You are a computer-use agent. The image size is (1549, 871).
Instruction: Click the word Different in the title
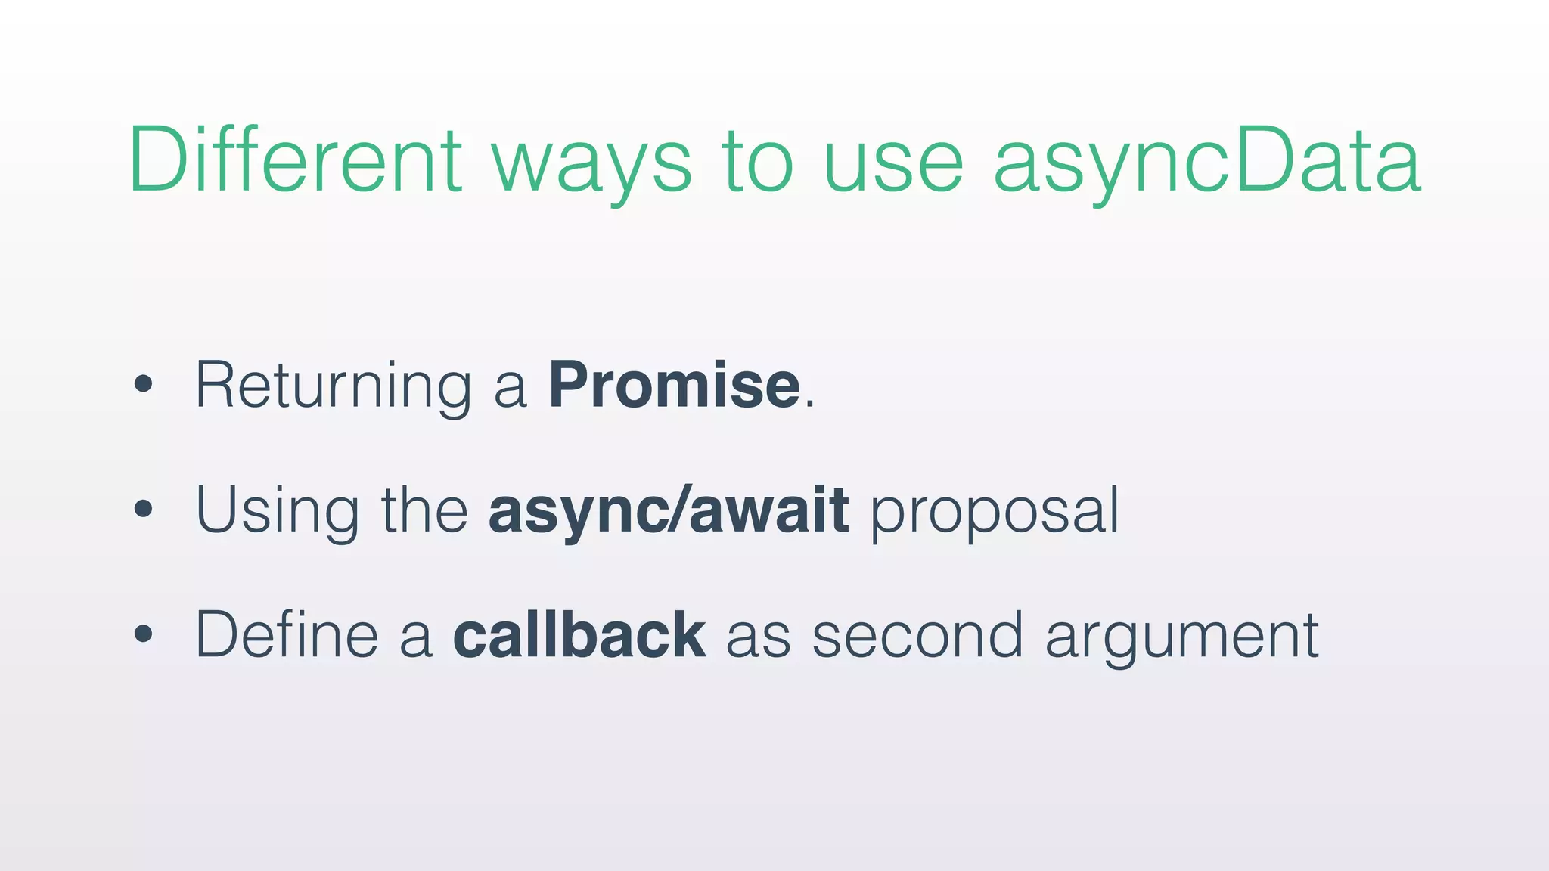point(295,160)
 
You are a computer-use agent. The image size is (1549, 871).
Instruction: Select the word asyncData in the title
point(1207,163)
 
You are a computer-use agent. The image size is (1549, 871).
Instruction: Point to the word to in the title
point(757,163)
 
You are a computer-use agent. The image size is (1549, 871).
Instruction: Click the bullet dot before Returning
point(143,385)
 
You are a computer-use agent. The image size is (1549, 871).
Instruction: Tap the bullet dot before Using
point(143,510)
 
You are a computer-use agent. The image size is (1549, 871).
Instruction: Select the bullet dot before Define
point(143,634)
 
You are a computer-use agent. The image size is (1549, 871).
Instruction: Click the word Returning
point(333,386)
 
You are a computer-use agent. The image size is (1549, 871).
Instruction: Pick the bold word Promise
point(674,385)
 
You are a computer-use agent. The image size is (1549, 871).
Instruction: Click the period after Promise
point(810,405)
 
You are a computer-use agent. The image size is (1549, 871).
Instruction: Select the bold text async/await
point(669,510)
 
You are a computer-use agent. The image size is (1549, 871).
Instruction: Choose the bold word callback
point(579,634)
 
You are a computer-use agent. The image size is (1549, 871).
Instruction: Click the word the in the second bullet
point(424,510)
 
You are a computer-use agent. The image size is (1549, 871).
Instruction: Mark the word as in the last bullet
point(759,639)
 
